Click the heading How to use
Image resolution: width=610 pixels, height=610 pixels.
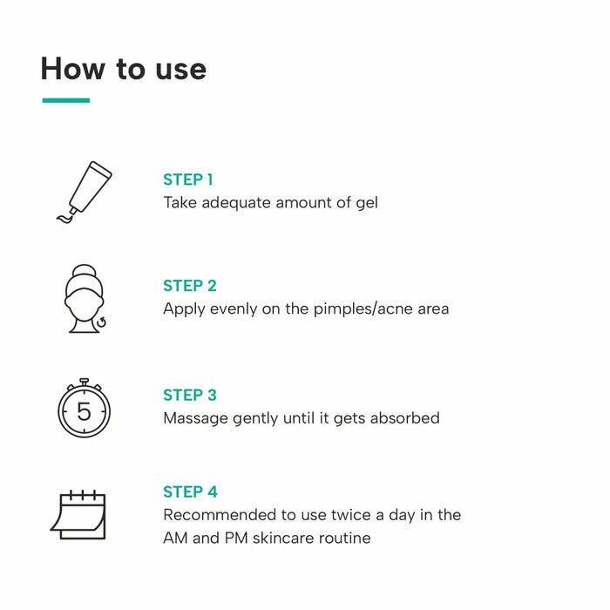(x=124, y=68)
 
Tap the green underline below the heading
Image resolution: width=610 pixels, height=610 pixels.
(x=65, y=100)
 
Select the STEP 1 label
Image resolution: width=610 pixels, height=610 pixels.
(x=188, y=180)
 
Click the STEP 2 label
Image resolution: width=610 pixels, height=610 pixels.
(x=190, y=286)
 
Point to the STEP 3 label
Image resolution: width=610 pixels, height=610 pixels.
(x=190, y=395)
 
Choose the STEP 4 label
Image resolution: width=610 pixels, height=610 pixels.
(x=190, y=491)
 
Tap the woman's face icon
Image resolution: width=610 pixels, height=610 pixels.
(x=85, y=299)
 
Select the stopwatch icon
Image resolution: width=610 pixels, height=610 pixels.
(x=85, y=408)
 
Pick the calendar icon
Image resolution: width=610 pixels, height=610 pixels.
(x=79, y=515)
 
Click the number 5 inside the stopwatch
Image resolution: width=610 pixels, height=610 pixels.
(x=85, y=411)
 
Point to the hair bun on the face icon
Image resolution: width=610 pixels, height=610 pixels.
(x=85, y=271)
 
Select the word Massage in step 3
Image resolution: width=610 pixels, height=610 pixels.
(x=195, y=418)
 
